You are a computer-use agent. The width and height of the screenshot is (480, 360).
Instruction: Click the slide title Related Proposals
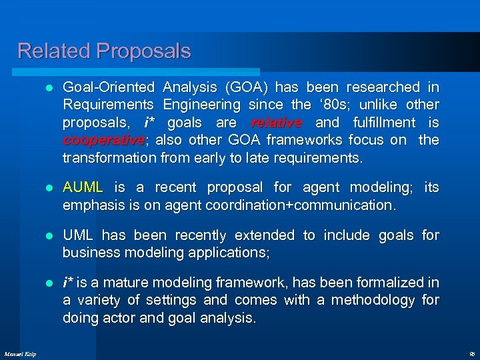(104, 51)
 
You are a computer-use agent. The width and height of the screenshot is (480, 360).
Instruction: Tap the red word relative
(276, 123)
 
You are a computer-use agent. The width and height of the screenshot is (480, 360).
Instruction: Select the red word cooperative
(103, 140)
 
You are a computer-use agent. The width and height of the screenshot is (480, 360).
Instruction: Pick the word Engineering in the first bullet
(202, 105)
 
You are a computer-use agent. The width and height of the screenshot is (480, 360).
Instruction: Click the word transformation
(109, 157)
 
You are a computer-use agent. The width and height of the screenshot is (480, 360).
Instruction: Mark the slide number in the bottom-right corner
(471, 353)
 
